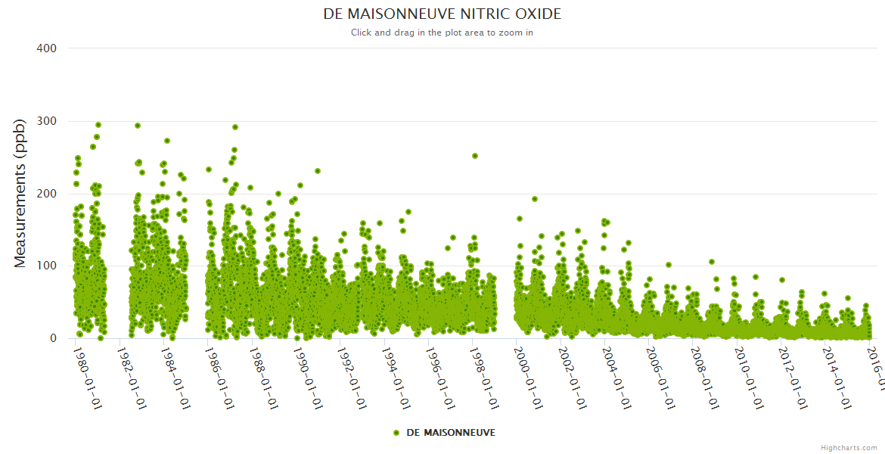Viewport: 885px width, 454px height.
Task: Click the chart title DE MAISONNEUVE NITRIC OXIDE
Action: [x=442, y=14]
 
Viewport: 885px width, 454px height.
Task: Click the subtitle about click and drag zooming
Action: [x=442, y=33]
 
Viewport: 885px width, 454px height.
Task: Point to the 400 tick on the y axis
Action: [x=47, y=48]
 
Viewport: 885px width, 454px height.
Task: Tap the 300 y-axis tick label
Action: [x=47, y=121]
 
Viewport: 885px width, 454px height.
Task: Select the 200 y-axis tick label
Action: [x=47, y=194]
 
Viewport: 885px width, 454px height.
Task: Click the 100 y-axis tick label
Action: [x=47, y=266]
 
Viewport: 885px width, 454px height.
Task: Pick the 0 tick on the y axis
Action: [x=53, y=338]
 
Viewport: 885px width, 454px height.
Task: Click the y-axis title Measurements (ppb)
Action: [x=20, y=194]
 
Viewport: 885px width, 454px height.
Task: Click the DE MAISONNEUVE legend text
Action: [x=451, y=432]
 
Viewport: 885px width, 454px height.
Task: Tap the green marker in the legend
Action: [x=396, y=432]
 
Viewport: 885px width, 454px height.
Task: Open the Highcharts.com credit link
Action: [x=849, y=447]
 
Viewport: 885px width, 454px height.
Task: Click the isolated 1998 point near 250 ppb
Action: [x=475, y=156]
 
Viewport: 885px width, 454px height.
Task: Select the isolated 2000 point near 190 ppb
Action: [x=535, y=199]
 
